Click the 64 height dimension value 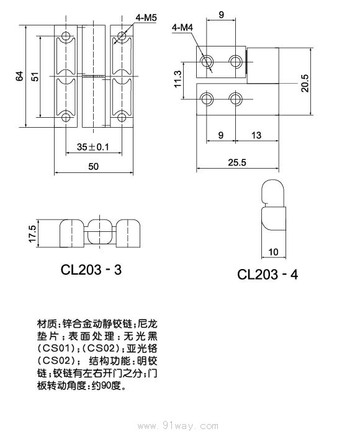coord(20,76)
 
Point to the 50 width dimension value coord(93,167)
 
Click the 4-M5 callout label coord(145,19)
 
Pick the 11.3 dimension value coord(178,79)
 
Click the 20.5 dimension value coord(305,81)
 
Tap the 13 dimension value coord(256,135)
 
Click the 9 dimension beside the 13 coord(220,135)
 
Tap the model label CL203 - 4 coord(268,274)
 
